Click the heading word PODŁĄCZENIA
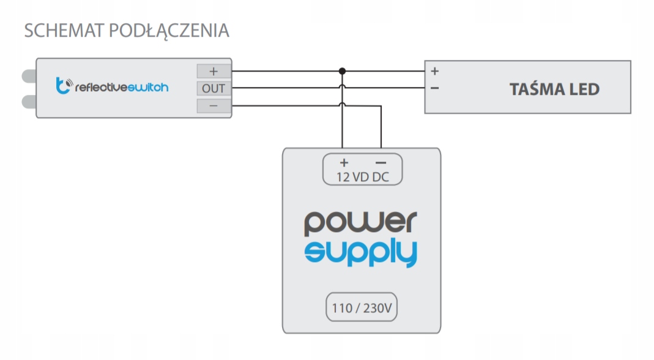point(169,31)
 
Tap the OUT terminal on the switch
point(214,89)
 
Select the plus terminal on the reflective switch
point(214,71)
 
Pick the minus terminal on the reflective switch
point(214,107)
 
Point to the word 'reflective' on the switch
point(102,88)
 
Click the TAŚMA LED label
point(554,89)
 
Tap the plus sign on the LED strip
point(434,71)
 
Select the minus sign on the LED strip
point(434,88)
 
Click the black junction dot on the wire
point(343,71)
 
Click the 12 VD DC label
point(362,177)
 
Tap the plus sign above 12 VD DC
point(344,163)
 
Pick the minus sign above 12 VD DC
point(380,163)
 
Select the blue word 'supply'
point(361,252)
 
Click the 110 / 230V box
point(361,308)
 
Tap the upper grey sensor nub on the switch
point(29,77)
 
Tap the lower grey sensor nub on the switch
point(29,101)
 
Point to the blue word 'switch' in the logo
point(149,88)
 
